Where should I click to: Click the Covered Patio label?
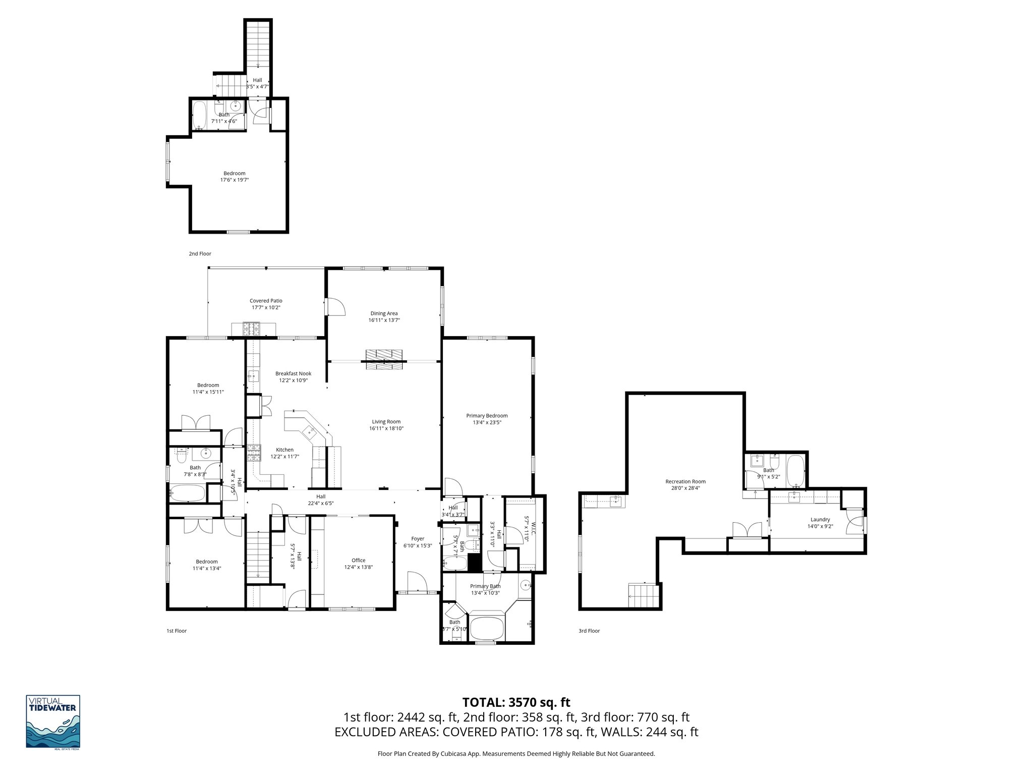tap(266, 301)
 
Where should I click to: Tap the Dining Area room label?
tap(384, 313)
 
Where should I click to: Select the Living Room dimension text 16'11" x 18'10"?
tap(386, 428)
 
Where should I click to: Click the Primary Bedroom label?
tap(487, 416)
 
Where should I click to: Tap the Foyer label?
tap(418, 539)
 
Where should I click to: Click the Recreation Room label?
tap(685, 481)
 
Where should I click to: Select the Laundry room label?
tap(820, 519)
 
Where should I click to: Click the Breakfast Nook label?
tap(293, 373)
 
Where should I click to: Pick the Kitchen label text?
tap(284, 450)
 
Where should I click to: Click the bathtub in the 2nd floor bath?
tap(199, 116)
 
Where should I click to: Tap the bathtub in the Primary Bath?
tap(487, 628)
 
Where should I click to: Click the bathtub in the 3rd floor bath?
tap(795, 470)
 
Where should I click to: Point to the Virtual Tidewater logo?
tap(53, 722)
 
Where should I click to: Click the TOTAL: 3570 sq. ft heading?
tap(516, 702)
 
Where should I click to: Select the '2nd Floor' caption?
tap(200, 254)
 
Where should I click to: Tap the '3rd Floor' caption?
tap(589, 631)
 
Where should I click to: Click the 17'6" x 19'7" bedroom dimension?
tap(235, 180)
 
